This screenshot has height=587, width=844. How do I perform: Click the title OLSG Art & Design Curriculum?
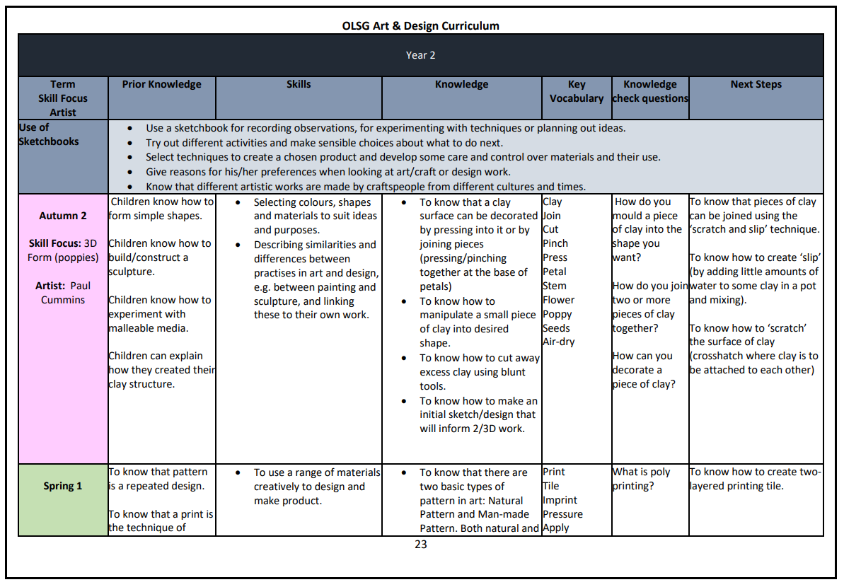tap(420, 26)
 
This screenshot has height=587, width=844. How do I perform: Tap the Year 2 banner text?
tap(420, 55)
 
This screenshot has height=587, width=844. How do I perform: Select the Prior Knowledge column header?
tap(161, 84)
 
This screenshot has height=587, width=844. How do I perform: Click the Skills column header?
tap(299, 84)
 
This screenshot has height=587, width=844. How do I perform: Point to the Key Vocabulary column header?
tap(577, 91)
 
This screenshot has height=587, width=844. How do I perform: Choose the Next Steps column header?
tap(756, 84)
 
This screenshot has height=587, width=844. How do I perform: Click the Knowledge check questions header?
tap(650, 91)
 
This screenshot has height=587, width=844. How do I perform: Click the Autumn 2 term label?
tap(63, 216)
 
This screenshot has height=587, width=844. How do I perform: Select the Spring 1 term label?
tap(63, 486)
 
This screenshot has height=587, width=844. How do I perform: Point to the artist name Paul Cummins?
tap(63, 293)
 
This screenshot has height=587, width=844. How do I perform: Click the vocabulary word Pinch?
tap(555, 243)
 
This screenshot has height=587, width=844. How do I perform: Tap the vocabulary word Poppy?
tap(557, 314)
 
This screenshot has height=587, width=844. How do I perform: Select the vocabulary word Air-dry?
tap(559, 342)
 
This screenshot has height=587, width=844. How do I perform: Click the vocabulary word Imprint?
tap(560, 500)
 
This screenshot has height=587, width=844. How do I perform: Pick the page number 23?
tap(420, 545)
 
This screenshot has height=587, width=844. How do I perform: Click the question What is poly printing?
tap(641, 479)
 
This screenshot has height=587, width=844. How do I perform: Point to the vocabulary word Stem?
tap(555, 286)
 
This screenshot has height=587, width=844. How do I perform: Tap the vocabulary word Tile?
tap(551, 486)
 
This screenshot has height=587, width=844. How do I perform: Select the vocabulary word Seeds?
tap(556, 328)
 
